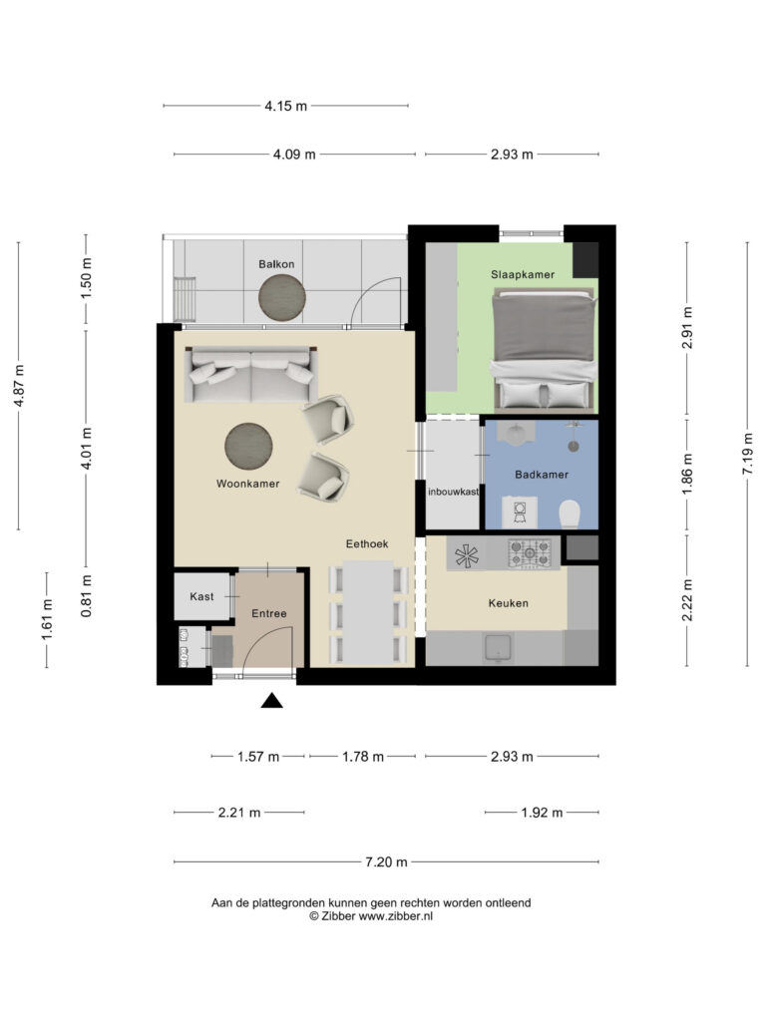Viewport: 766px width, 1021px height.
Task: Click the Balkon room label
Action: [x=276, y=263]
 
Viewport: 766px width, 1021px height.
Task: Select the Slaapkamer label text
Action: [x=522, y=273]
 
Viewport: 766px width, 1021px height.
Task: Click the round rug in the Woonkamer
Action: [x=249, y=445]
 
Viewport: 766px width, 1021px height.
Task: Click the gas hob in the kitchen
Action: [x=530, y=552]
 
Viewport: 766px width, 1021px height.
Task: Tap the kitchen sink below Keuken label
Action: [x=495, y=649]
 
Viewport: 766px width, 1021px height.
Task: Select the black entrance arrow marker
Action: [x=272, y=702]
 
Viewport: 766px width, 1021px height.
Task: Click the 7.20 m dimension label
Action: [x=386, y=861]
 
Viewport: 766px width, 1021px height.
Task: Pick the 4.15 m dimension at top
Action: [x=285, y=106]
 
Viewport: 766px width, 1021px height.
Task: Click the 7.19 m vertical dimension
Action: [x=748, y=454]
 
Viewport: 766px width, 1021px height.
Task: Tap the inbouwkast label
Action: [x=454, y=492]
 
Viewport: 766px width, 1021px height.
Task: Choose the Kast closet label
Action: [x=201, y=596]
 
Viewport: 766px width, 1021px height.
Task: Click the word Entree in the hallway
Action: [x=269, y=613]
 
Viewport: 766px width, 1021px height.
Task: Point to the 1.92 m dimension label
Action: [x=542, y=813]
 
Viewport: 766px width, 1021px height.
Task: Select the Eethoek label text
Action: [x=366, y=543]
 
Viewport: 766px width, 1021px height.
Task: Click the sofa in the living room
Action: [x=250, y=375]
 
